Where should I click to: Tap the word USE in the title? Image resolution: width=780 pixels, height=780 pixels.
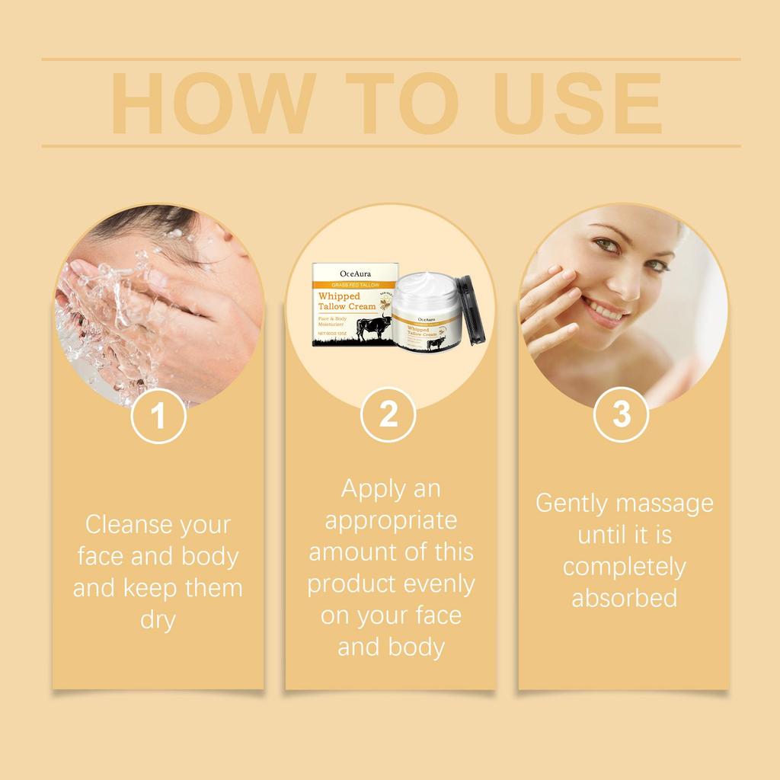pyautogui.click(x=567, y=104)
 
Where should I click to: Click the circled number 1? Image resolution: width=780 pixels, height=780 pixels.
pyautogui.click(x=158, y=416)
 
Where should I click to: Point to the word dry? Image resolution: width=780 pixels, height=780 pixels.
pyautogui.click(x=158, y=619)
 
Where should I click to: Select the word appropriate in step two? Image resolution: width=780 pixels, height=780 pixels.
pyautogui.click(x=391, y=520)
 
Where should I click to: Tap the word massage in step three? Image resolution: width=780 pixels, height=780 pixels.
pyautogui.click(x=665, y=503)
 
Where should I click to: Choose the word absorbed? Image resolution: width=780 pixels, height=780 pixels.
pyautogui.click(x=624, y=598)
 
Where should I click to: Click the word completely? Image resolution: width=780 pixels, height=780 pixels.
pyautogui.click(x=624, y=567)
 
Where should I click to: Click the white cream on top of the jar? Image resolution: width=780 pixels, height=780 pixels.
pyautogui.click(x=425, y=286)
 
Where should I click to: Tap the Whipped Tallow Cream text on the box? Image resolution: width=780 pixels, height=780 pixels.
pyautogui.click(x=347, y=301)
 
